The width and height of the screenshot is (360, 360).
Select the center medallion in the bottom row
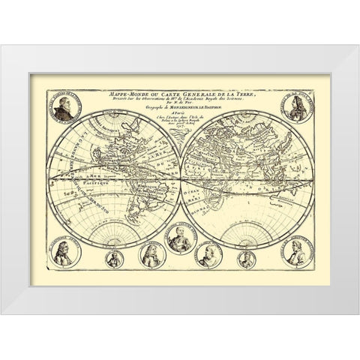[180, 241]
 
